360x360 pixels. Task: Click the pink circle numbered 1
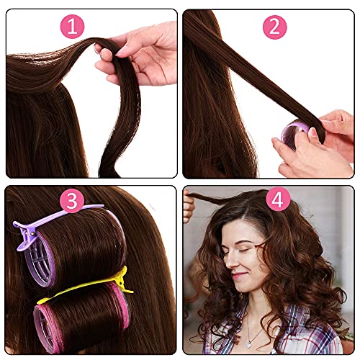point(72,27)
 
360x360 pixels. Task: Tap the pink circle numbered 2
point(275,27)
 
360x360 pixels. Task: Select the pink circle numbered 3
point(72,201)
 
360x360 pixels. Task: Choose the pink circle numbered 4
point(278,199)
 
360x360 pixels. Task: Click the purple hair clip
point(48,221)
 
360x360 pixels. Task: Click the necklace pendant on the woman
point(249,345)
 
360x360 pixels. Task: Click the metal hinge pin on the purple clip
point(32,233)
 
